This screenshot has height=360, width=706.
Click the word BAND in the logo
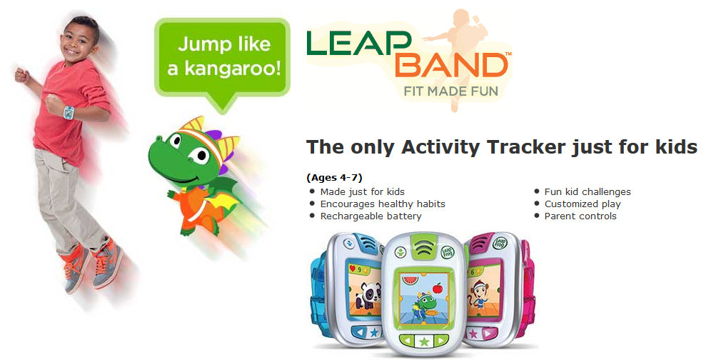click(451, 66)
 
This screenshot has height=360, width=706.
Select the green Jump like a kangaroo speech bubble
click(223, 56)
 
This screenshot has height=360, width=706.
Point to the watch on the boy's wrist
click(69, 113)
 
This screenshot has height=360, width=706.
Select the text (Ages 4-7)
click(334, 177)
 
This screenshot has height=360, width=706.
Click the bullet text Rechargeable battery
click(370, 216)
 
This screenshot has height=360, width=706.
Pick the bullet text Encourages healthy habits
click(382, 204)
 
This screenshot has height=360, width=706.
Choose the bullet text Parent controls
click(580, 216)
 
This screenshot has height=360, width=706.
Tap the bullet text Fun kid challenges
click(587, 191)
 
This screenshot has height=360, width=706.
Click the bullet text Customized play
click(583, 204)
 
